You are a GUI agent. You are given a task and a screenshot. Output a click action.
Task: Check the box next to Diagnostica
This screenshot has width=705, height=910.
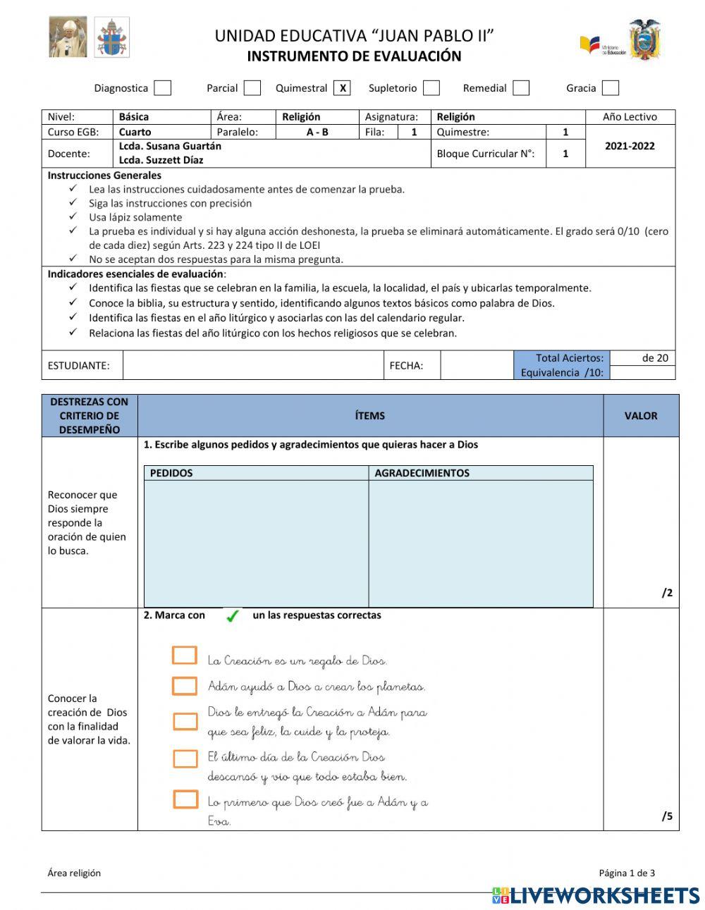pos(163,88)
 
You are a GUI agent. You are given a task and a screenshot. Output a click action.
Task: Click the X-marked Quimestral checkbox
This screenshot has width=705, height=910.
pos(343,88)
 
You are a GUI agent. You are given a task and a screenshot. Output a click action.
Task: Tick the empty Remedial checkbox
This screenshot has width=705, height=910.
pos(521,88)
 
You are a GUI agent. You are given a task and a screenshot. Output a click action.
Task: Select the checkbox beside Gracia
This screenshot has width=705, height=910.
pos(611,88)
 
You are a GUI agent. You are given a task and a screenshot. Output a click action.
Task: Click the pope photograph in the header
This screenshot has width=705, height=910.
pos(68,37)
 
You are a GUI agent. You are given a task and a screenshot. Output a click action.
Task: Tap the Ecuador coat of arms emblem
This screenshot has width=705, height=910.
pos(644,40)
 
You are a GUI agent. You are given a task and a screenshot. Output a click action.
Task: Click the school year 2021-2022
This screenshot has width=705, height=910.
pos(630,146)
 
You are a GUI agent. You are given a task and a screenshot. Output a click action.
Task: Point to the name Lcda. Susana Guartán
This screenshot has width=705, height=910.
pos(170,146)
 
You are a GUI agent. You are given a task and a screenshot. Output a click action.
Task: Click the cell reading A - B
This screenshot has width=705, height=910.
pos(317,132)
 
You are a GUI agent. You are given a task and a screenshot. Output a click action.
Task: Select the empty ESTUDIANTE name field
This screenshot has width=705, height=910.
pos(252,365)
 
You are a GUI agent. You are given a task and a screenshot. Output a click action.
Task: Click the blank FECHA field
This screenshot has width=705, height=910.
pos(476,365)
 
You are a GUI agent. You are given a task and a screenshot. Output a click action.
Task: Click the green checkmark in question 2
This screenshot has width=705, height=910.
pos(232,616)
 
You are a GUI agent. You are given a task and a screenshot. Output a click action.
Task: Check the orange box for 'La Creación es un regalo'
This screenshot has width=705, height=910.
pos(185,656)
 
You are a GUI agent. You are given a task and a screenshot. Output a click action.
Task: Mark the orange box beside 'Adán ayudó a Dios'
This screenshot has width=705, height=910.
pos(185,686)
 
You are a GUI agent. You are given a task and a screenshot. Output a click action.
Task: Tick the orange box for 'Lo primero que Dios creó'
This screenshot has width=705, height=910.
pos(185,799)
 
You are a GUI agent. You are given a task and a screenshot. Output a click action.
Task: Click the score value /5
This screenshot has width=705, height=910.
pos(666,816)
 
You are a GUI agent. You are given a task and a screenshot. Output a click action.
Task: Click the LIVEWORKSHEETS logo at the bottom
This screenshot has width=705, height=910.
pos(596,895)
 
